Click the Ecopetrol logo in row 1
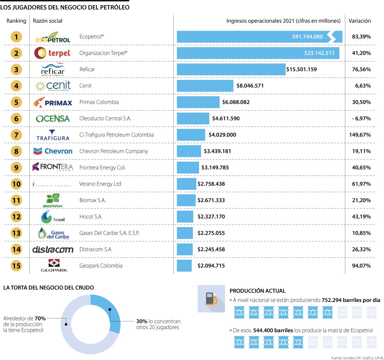[53, 37]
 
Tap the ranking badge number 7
[16, 135]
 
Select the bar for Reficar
[231, 70]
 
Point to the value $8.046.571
[250, 86]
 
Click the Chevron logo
[53, 151]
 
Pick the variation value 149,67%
[360, 135]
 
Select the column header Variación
[360, 21]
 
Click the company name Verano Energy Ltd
[100, 184]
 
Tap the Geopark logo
[54, 266]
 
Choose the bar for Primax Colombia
[198, 102]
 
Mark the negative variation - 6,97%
[361, 119]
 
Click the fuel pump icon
[211, 299]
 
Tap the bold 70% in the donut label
[40, 318]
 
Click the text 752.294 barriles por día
[351, 300]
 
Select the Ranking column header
[16, 21]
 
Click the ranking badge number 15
[16, 266]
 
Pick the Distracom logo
[53, 250]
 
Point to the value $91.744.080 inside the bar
[307, 37]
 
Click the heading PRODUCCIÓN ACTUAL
[257, 291]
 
